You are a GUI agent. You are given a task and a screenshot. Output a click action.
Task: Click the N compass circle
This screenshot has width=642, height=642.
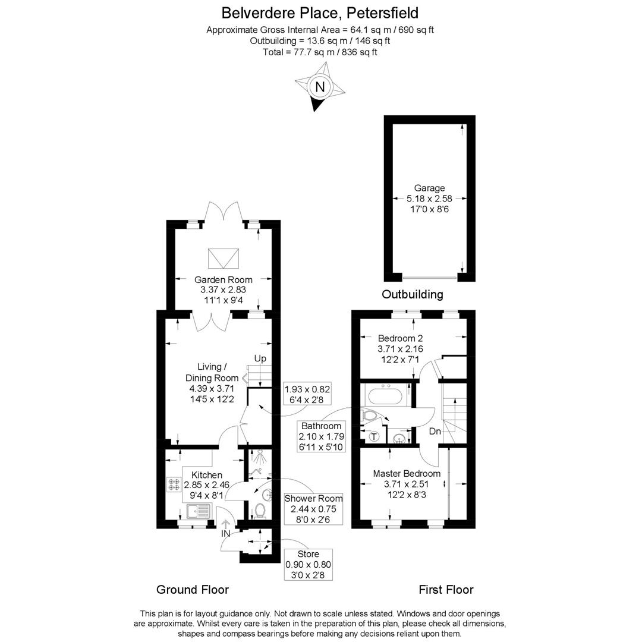coord(320,87)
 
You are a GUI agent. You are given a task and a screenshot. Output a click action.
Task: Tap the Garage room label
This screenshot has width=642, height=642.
coord(429,188)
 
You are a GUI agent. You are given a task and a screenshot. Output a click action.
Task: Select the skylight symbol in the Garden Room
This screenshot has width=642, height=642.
coord(224,258)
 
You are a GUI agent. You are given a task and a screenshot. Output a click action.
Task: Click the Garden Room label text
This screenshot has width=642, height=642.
coord(224,279)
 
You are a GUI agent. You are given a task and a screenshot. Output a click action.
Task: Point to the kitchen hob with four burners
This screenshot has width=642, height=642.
coord(174,484)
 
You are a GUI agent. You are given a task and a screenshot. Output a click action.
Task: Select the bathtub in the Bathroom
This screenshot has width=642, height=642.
coord(385,395)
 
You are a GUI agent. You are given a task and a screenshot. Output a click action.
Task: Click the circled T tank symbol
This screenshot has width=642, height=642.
coord(374,437)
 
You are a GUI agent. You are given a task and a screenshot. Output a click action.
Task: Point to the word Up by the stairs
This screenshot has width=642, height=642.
coord(260,358)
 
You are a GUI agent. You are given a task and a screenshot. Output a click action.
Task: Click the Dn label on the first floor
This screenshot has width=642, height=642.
coord(435,432)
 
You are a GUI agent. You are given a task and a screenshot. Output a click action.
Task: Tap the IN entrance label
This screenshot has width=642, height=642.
coord(226,534)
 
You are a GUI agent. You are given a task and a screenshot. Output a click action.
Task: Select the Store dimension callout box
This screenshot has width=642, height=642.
coord(308,565)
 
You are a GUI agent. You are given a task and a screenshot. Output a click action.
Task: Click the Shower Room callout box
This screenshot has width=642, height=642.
coord(313,509)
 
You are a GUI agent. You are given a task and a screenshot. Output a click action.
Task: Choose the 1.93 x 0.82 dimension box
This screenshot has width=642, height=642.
coord(307,394)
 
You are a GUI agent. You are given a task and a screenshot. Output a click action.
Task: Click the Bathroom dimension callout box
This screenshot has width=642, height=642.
coord(321,436)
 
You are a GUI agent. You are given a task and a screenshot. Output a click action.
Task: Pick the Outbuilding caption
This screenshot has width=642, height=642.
coord(412,294)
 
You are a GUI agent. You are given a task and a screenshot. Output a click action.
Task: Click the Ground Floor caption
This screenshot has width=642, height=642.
coord(193,590)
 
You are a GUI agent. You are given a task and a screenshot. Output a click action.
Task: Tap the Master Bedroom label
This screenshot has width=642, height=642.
coord(407,474)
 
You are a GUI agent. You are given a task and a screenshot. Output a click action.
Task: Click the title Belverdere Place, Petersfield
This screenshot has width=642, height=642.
coord(320,12)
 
